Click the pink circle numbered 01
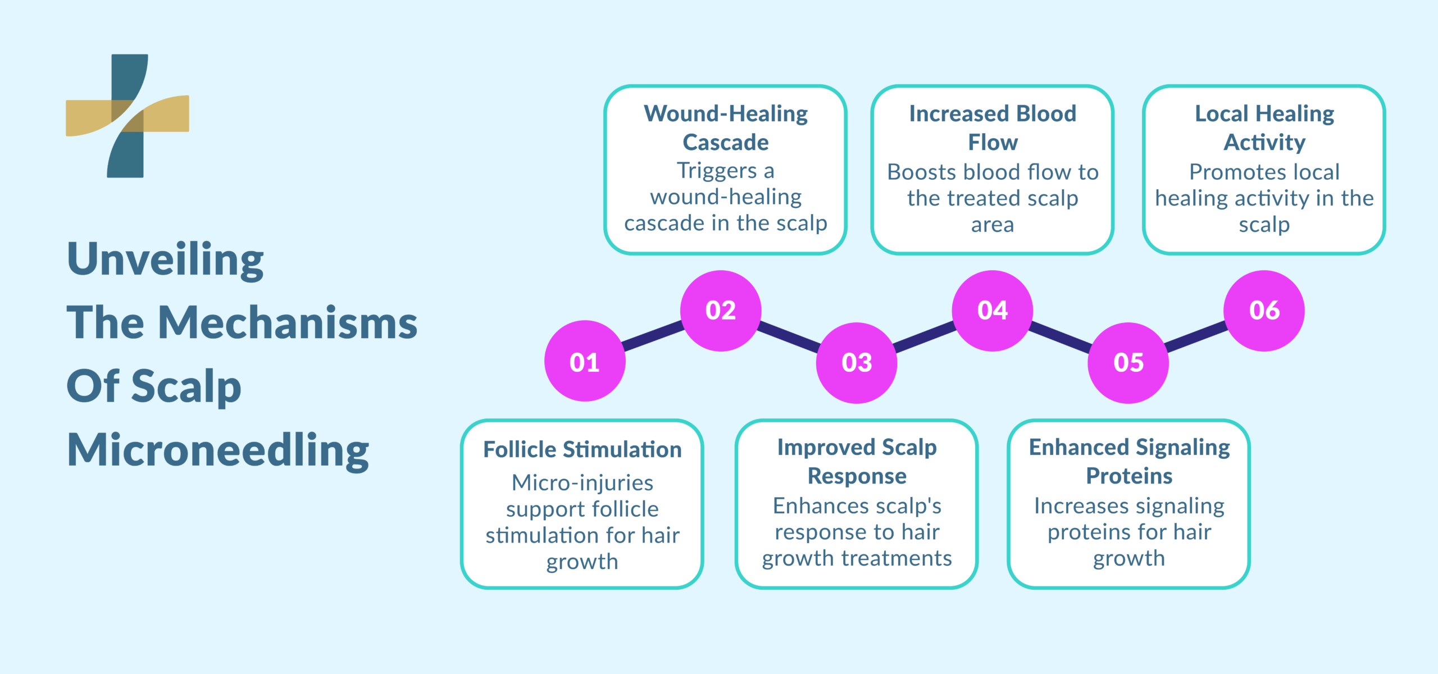pyautogui.click(x=584, y=361)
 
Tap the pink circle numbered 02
pyautogui.click(x=721, y=311)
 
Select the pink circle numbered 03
pyautogui.click(x=856, y=363)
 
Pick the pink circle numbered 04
pyautogui.click(x=992, y=311)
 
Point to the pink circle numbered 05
pyautogui.click(x=1128, y=363)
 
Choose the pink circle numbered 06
pyautogui.click(x=1264, y=311)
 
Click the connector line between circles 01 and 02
pyautogui.click(x=653, y=336)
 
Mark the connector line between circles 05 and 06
pyautogui.click(x=1196, y=336)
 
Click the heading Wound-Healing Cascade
pyautogui.click(x=726, y=127)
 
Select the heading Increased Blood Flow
pyautogui.click(x=993, y=127)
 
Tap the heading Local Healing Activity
pyautogui.click(x=1264, y=127)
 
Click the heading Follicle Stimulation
pyautogui.click(x=582, y=449)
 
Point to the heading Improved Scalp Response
pyautogui.click(x=857, y=461)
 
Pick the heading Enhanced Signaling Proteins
pyautogui.click(x=1129, y=461)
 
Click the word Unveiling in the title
pyautogui.click(x=165, y=259)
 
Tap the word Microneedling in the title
pyautogui.click(x=218, y=450)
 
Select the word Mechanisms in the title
pyautogui.click(x=288, y=323)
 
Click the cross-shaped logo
pyautogui.click(x=128, y=116)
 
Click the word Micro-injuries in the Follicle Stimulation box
pyautogui.click(x=582, y=482)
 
